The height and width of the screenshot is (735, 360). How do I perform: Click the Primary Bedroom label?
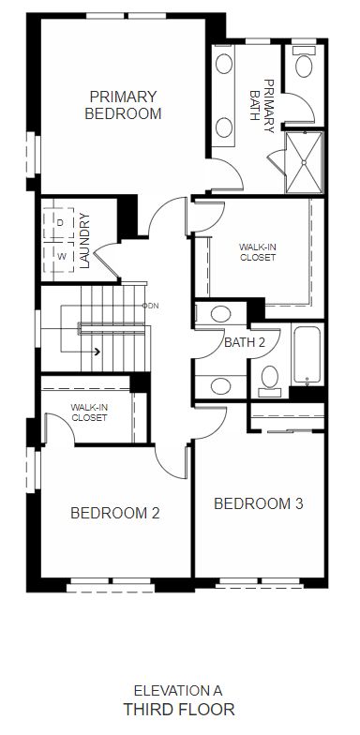pos(123,105)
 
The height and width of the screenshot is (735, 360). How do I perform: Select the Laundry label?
pos(84,240)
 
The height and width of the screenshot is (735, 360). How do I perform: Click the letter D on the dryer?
pos(60,223)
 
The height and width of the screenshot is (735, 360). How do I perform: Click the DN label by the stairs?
pos(154,306)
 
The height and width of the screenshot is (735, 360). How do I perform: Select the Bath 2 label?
pos(245,342)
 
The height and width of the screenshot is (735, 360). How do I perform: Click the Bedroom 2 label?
pos(114,513)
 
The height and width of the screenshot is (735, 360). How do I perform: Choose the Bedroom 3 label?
pos(259,504)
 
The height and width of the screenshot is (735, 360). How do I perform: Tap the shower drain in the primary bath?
pos(304,163)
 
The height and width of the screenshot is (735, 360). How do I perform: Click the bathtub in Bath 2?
pos(307,355)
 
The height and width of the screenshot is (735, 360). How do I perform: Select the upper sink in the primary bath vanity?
pos(224,64)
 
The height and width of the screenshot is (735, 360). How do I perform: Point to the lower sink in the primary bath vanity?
pos(224,127)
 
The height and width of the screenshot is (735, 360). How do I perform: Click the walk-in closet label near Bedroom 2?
pos(89,412)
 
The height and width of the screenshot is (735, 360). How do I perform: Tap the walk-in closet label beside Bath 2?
pos(257,251)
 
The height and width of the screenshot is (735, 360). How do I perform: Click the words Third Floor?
pos(178,709)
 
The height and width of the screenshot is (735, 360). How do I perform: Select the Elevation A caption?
pos(178,690)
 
